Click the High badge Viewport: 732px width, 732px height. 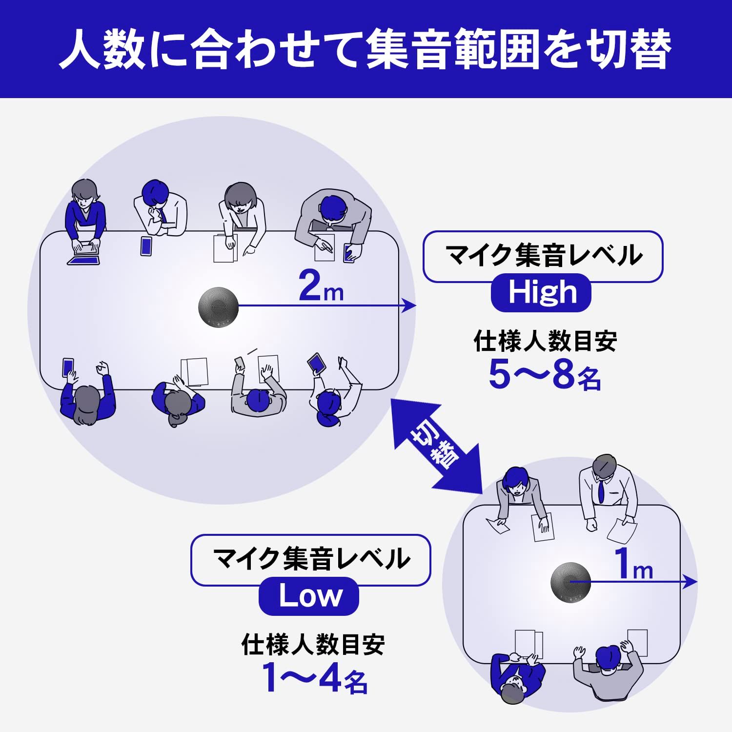tap(541, 293)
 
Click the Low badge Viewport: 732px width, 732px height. tap(309, 596)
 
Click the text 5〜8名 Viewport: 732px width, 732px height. tap(544, 375)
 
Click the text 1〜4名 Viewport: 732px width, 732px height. tap(315, 678)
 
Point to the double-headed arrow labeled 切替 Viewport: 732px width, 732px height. tap(437, 444)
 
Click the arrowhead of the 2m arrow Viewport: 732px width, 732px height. tap(410, 306)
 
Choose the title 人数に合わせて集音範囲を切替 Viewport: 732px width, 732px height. tap(366, 49)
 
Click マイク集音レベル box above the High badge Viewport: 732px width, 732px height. tap(543, 256)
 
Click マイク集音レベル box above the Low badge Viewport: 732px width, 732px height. tap(310, 560)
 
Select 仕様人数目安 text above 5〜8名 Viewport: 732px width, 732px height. tap(545, 341)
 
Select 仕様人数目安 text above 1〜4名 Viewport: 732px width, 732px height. tap(313, 645)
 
